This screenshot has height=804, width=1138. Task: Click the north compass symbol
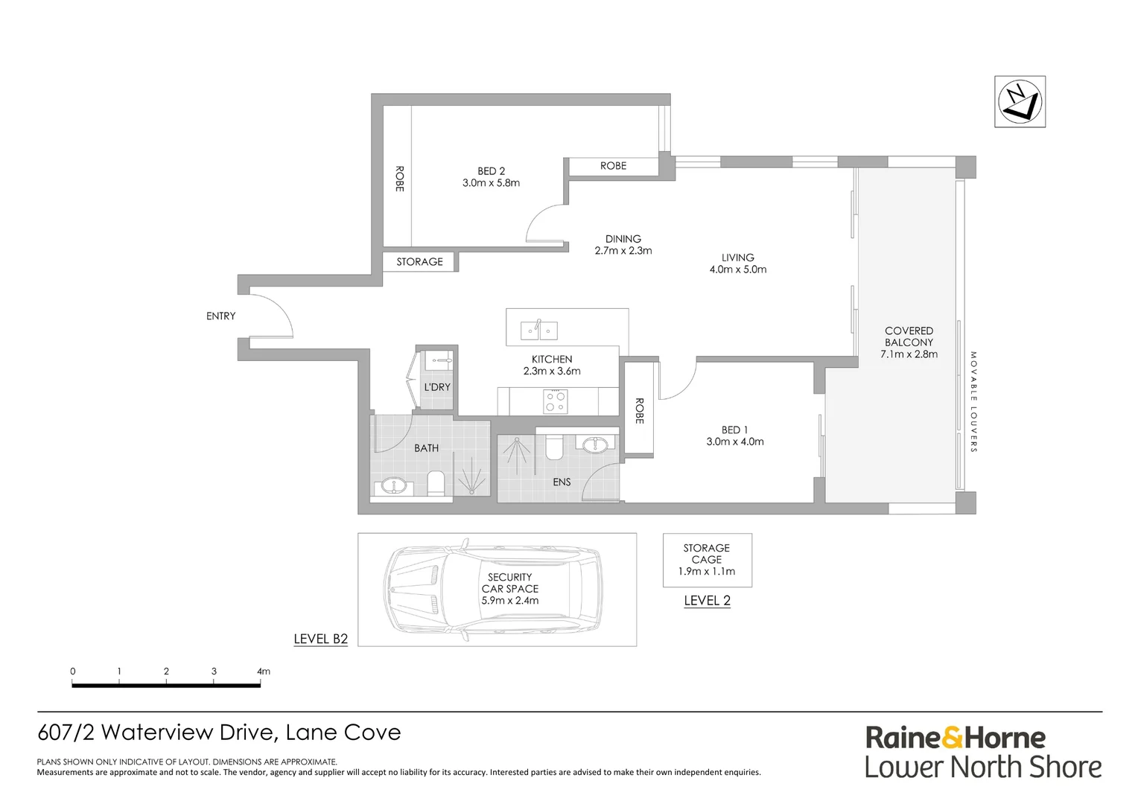pos(1020,101)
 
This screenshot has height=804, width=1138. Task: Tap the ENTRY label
pos(220,316)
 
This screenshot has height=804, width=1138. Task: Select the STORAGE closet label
pos(419,262)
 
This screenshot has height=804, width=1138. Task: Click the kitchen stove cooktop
pos(556,402)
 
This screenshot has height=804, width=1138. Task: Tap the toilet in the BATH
pos(436,484)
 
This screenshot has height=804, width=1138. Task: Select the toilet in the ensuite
pos(554,448)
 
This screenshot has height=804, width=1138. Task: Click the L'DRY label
pos(437,387)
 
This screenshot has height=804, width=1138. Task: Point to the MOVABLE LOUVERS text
pos(973,402)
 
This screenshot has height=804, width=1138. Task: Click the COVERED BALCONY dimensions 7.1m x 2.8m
pos(909,354)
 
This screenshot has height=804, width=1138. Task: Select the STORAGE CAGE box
pos(707,560)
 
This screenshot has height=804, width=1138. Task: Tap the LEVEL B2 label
pos(320,639)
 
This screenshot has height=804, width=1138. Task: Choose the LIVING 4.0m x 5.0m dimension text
pos(737,269)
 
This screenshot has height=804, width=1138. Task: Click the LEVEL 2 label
pos(707,601)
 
